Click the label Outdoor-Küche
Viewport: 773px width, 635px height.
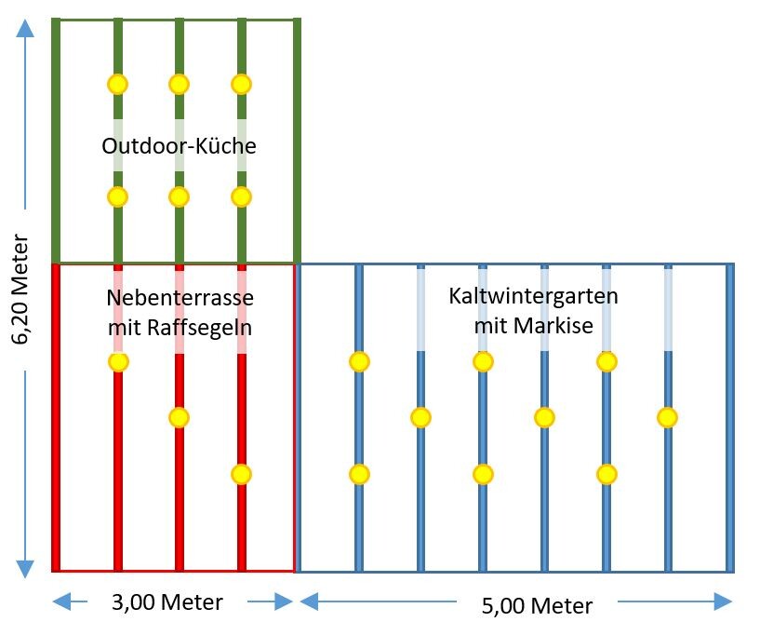point(179,146)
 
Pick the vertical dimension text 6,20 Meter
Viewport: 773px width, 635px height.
point(21,303)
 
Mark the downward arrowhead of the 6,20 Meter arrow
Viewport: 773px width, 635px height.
point(25,567)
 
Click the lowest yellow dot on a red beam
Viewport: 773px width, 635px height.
point(241,474)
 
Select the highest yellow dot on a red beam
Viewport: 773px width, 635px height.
point(117,361)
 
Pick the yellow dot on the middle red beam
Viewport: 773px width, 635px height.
point(180,417)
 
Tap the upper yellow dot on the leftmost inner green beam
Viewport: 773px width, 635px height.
point(117,84)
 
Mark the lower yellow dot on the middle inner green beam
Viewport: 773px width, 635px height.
point(180,196)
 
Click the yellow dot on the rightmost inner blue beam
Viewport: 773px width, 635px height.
point(667,417)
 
